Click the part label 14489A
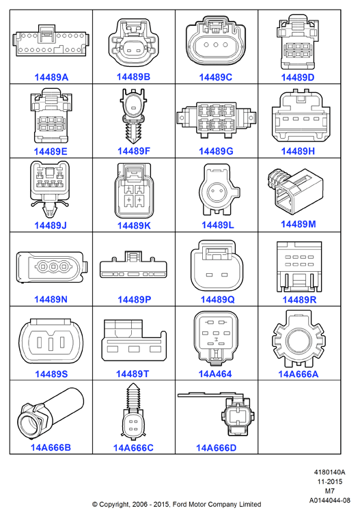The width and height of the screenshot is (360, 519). (51, 77)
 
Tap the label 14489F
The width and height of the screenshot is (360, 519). (134, 151)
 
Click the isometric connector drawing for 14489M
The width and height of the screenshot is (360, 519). (294, 191)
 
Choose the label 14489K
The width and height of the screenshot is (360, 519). (134, 225)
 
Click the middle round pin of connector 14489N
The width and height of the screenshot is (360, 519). (53, 266)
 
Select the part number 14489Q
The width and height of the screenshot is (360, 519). (218, 300)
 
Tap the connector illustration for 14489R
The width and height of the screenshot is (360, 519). (299, 267)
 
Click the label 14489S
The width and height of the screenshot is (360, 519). (51, 374)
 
